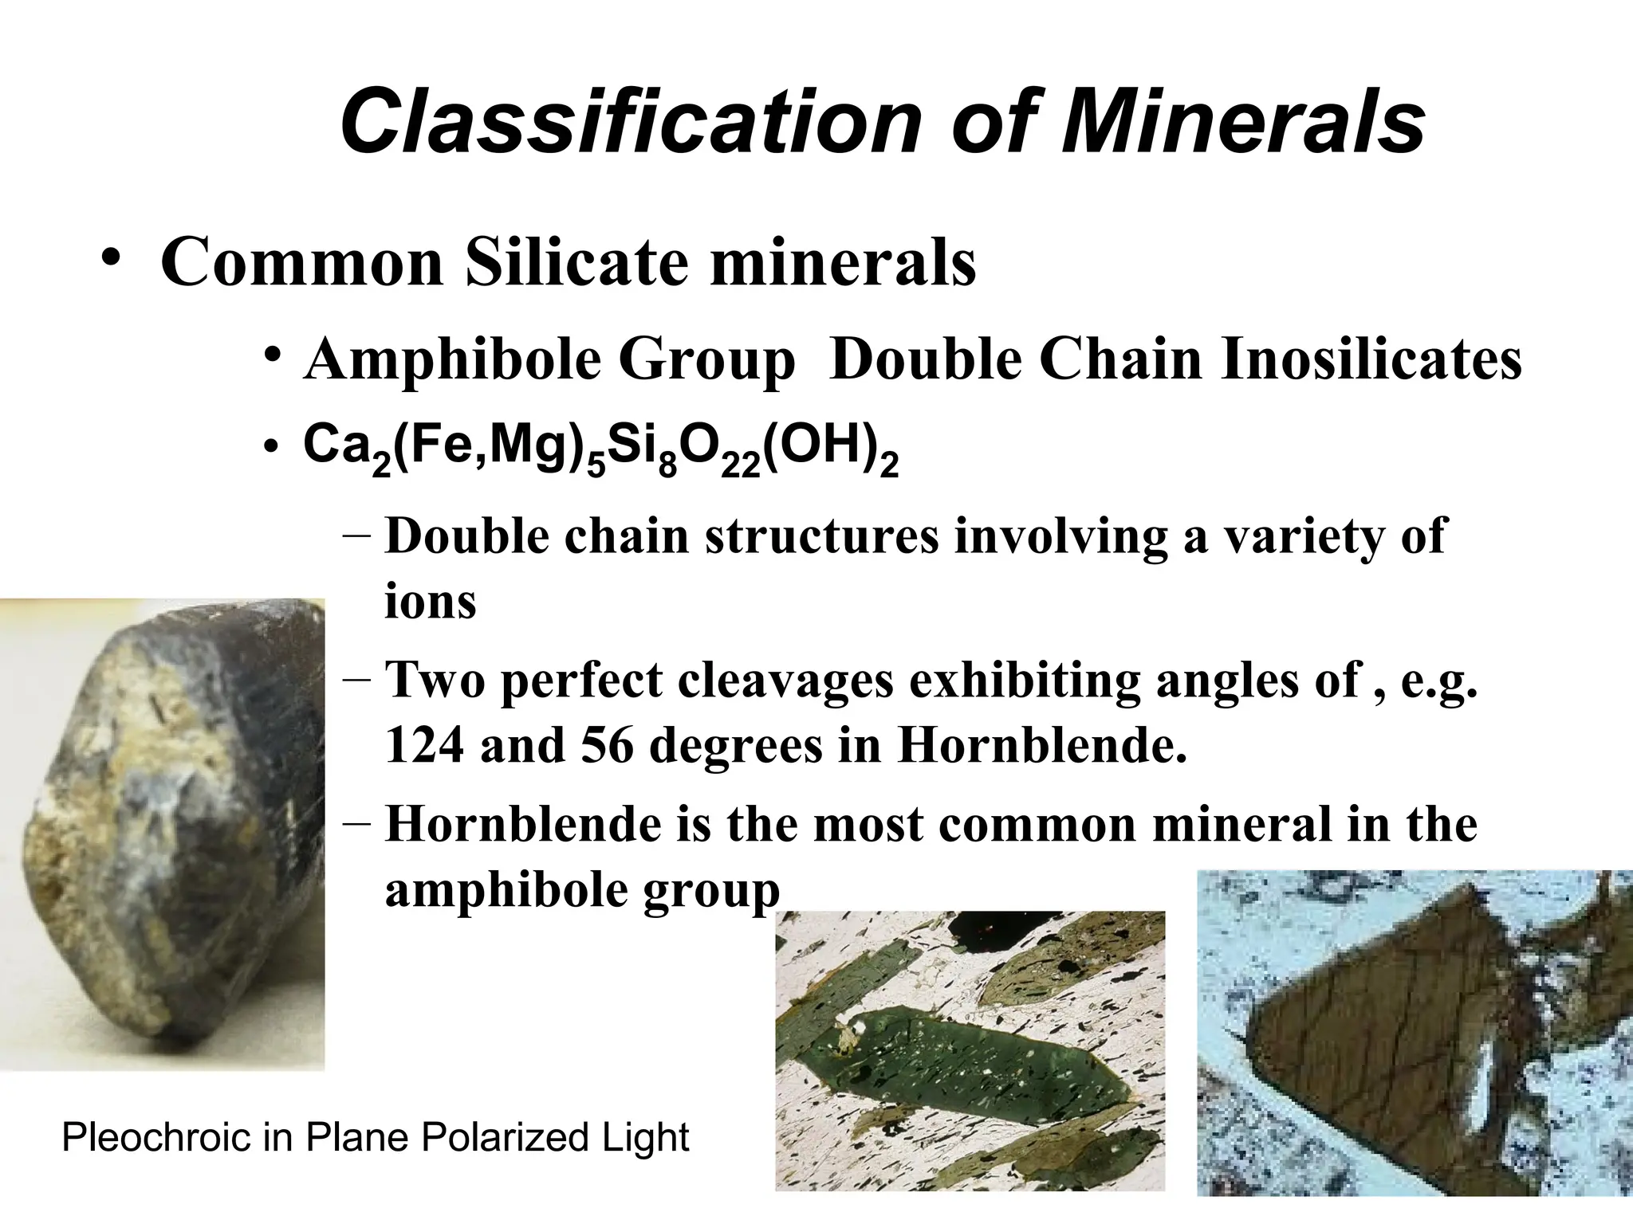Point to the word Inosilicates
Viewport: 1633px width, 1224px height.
(x=1371, y=359)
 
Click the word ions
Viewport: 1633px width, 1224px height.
(x=431, y=601)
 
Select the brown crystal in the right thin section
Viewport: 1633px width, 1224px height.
(x=1371, y=1028)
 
